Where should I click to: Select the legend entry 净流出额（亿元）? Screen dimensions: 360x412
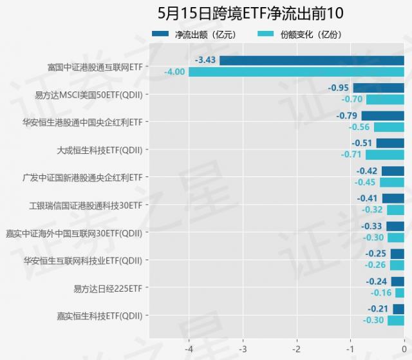pos(197,34)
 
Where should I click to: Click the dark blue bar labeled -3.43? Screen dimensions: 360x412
pos(312,61)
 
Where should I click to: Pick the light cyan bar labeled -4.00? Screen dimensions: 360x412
pos(296,71)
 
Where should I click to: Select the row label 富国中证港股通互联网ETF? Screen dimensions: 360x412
pos(95,66)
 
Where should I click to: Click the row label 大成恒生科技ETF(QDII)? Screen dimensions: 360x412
pos(100,149)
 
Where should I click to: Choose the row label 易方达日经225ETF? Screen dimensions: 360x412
pos(108,288)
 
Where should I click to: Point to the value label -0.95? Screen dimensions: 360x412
pos(338,88)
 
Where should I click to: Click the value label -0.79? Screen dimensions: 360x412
pos(346,116)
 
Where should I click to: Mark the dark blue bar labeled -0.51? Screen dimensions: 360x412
pos(390,144)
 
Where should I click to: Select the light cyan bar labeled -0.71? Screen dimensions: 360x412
pos(385,155)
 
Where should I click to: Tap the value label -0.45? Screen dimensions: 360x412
pos(365,182)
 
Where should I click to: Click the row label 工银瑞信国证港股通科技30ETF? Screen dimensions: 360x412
pos(86,205)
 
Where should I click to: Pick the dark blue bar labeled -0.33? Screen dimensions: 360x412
pos(395,227)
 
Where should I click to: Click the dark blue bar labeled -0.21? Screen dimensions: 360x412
pos(398,310)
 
